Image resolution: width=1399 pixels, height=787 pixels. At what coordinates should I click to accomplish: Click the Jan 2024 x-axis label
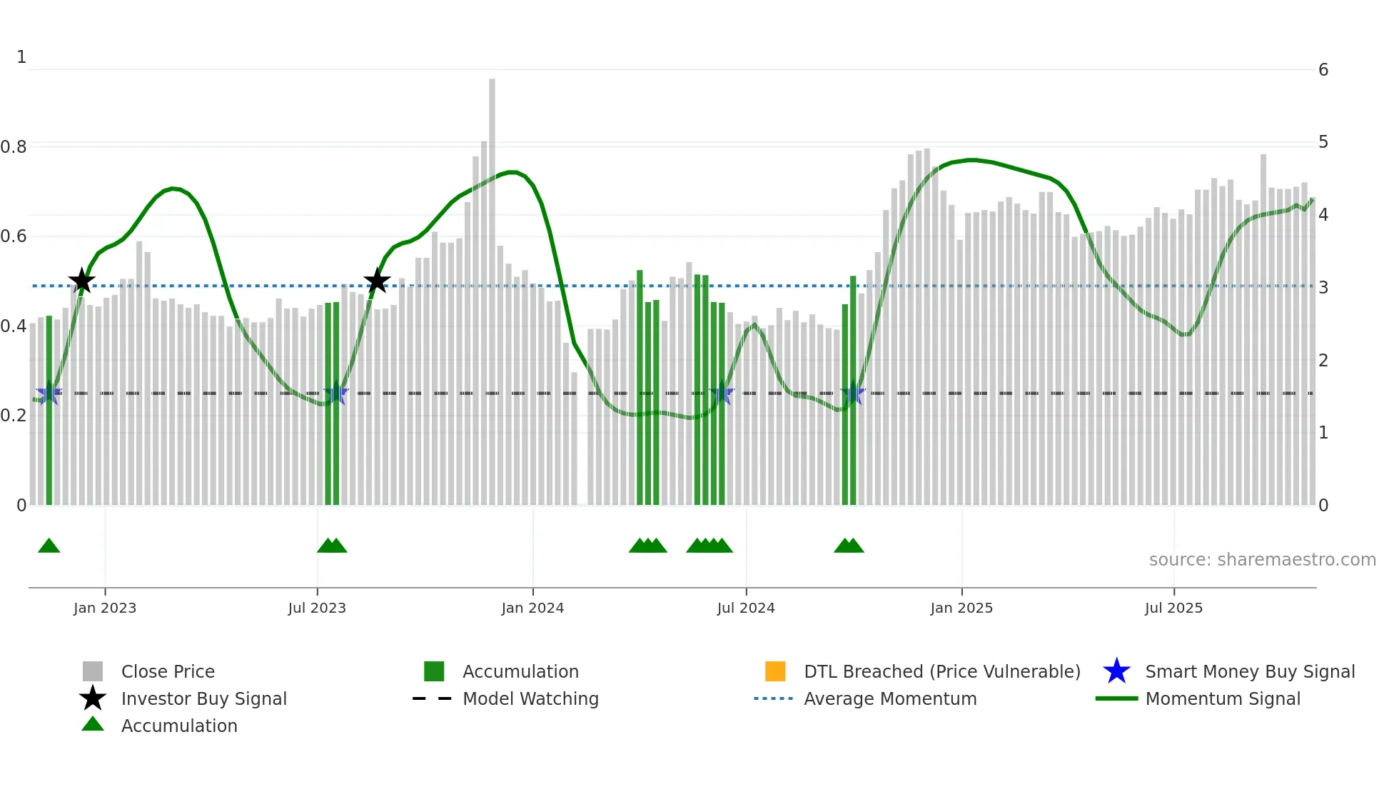pos(532,608)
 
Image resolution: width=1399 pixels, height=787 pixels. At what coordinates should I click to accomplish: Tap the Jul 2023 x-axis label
pos(317,608)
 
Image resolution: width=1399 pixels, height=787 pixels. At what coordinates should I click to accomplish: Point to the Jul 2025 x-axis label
pos(1173,608)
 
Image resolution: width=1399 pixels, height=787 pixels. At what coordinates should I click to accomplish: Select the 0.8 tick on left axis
pos(14,147)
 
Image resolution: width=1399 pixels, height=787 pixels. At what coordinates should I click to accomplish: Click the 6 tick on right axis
pos(1323,70)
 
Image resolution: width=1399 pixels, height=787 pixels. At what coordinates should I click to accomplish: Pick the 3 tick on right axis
pos(1323,287)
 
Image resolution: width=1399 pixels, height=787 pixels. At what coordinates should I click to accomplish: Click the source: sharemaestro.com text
pos(1262,560)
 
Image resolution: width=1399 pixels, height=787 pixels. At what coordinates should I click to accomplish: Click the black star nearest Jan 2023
pos(82,281)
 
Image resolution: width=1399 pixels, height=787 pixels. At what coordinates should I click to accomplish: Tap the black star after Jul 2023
pos(377,281)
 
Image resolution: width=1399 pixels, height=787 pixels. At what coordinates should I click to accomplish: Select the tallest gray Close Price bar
pos(492,286)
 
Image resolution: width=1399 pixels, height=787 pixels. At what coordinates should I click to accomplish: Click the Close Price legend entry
pos(168,671)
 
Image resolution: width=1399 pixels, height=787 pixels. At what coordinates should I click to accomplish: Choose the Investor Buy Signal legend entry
pos(203,698)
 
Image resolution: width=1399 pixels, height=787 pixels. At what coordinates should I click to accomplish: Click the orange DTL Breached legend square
pos(775,671)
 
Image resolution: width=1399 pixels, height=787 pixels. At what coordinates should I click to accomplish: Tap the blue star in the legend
pos(1116,671)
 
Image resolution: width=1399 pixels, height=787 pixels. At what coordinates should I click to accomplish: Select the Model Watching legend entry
pos(530,698)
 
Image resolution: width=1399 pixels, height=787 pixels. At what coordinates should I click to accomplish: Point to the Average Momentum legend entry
pos(889,698)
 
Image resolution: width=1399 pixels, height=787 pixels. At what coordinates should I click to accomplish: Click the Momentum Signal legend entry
pos(1222,698)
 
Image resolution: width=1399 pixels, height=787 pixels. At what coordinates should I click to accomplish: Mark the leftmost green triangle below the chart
pos(49,546)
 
